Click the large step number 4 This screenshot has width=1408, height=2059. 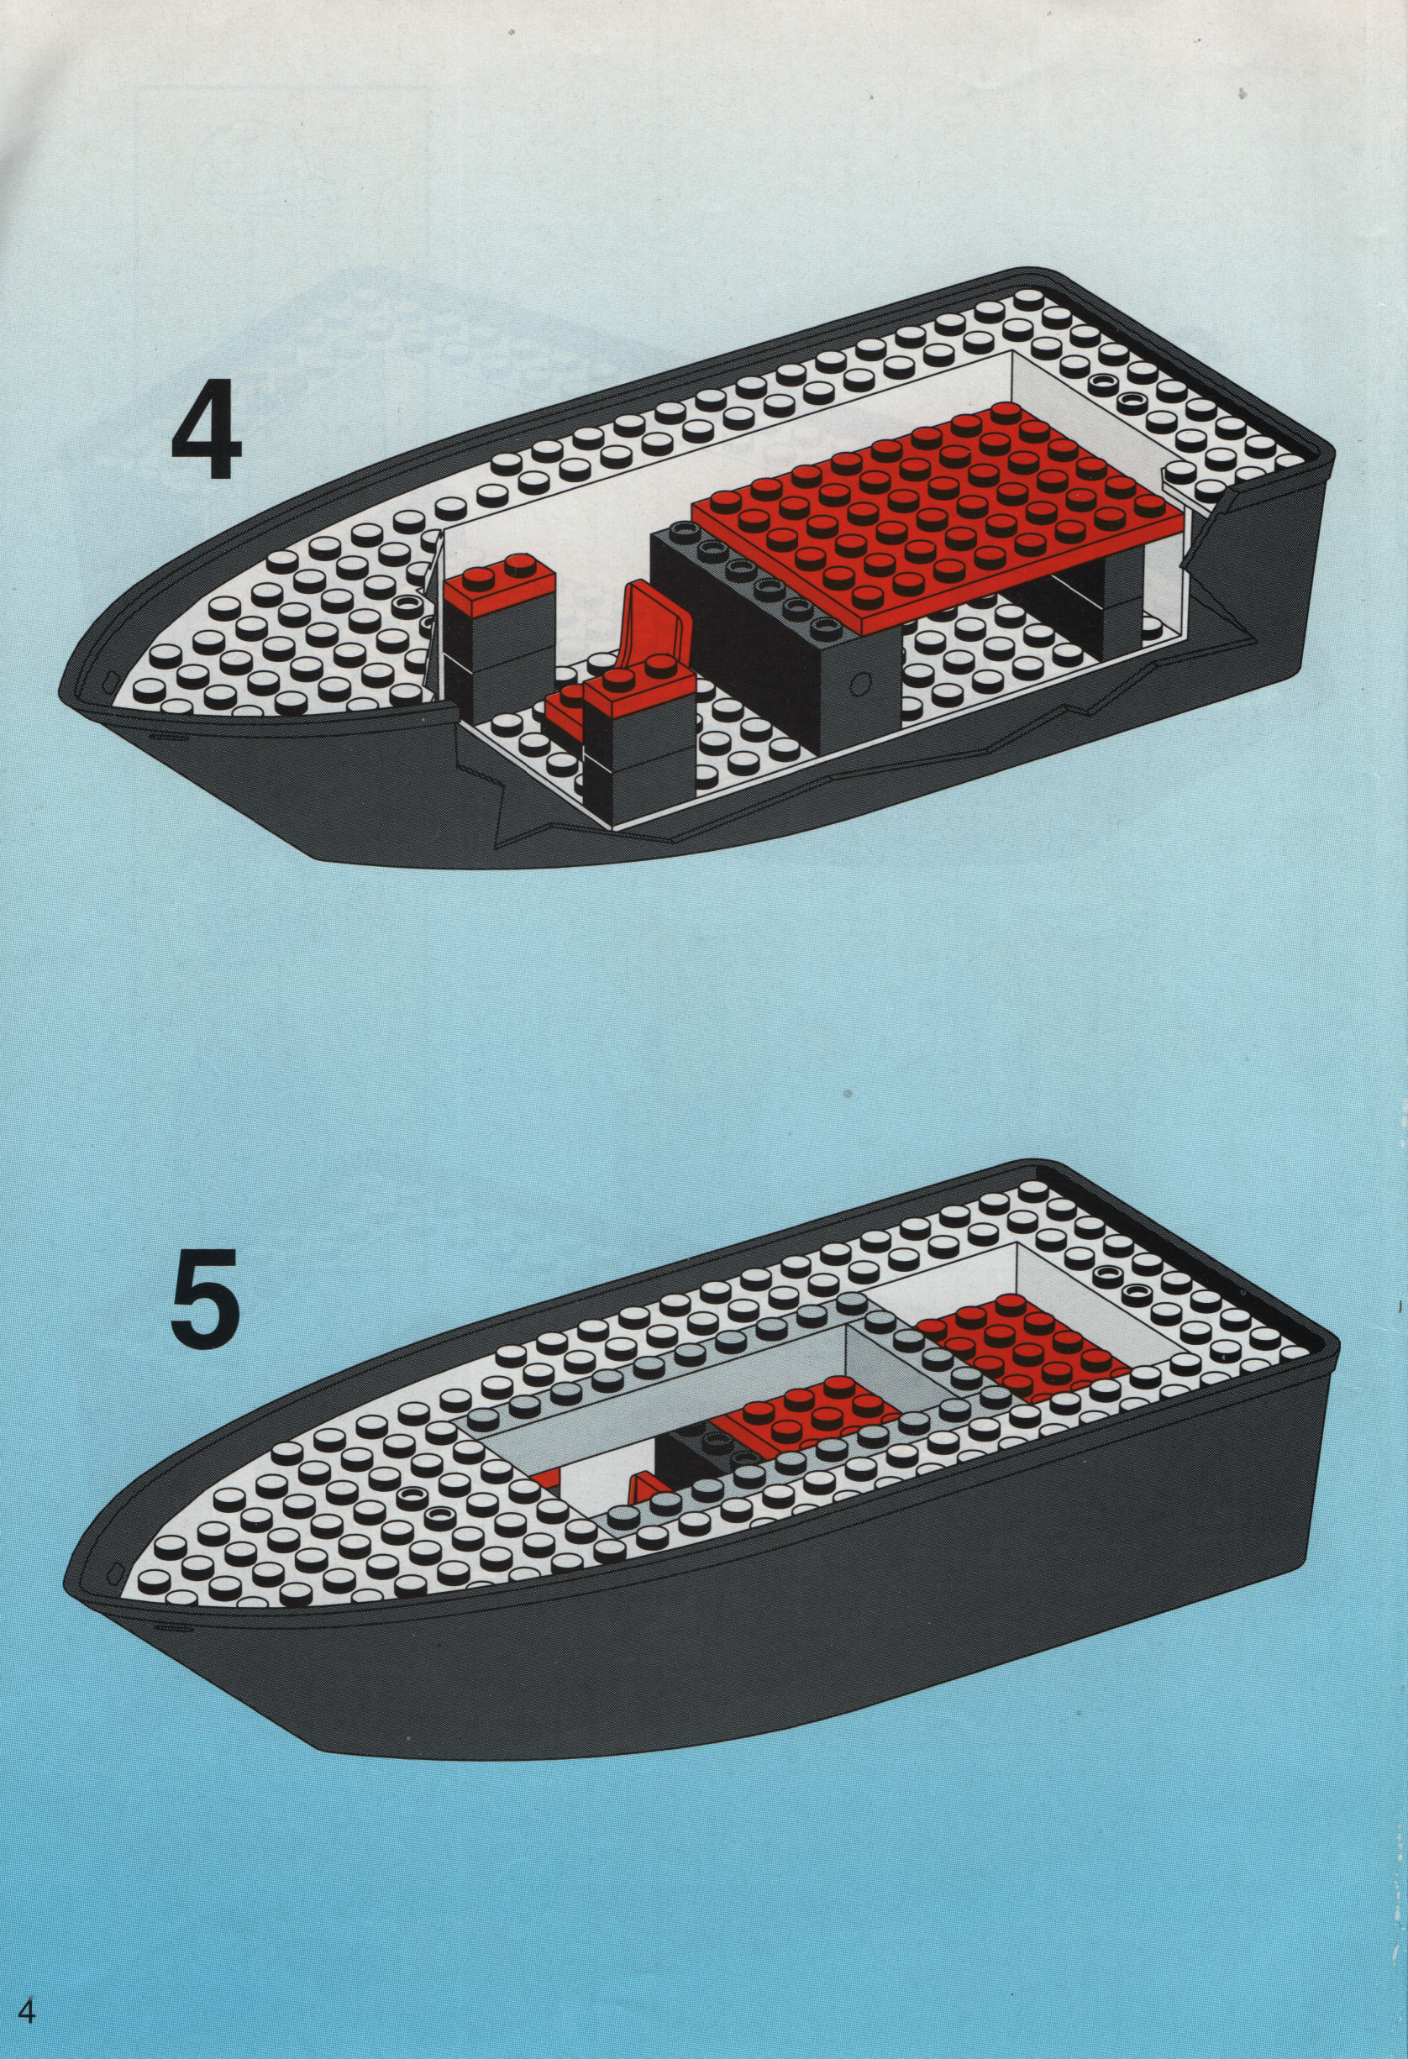[x=207, y=433]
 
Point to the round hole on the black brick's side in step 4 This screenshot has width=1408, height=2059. [x=858, y=683]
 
